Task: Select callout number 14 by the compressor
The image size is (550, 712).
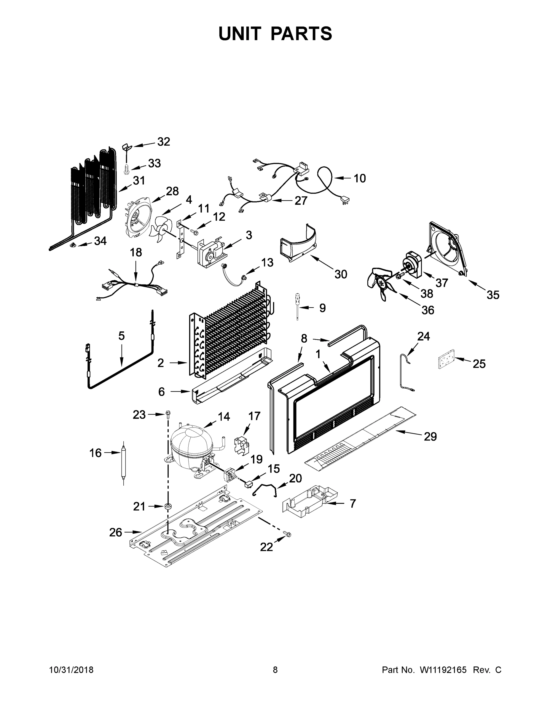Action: click(x=224, y=417)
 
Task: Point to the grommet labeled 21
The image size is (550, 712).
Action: click(x=168, y=506)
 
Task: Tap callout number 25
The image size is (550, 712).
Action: click(x=479, y=364)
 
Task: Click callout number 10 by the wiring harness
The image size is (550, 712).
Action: click(x=360, y=178)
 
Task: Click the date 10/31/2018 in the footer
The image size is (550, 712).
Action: click(x=71, y=670)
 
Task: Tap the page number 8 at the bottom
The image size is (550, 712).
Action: click(x=275, y=670)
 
